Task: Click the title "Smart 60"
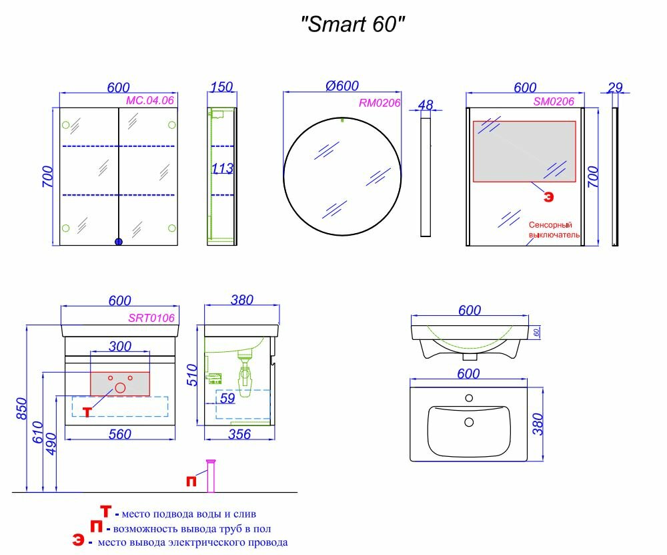[353, 25]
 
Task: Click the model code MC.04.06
[150, 100]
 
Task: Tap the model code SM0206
[554, 102]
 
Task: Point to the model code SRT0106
[151, 319]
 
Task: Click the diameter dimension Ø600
[342, 86]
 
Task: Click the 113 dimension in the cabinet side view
[222, 169]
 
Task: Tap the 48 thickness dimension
[425, 105]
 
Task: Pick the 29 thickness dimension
[615, 87]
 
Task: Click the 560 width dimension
[119, 435]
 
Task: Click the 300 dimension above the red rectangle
[119, 346]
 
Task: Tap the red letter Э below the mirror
[548, 196]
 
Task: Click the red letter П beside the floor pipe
[191, 482]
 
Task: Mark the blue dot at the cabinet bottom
[119, 242]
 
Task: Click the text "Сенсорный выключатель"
[554, 230]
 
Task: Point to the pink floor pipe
[212, 476]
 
